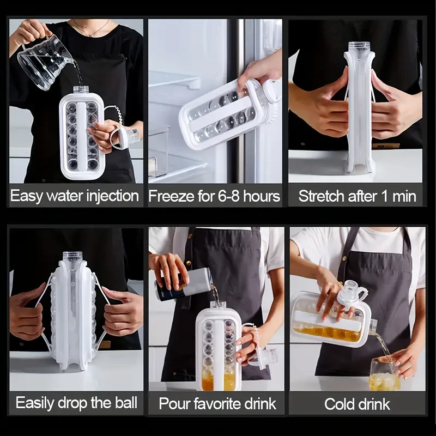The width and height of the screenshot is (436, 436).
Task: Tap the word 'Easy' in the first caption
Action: [27, 196]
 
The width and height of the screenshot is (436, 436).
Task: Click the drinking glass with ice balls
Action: [384, 374]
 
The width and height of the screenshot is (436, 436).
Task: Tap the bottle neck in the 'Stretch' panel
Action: [359, 48]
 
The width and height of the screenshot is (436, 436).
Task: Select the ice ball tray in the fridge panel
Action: [223, 114]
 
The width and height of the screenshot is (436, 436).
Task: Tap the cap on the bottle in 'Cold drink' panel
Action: [352, 294]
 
